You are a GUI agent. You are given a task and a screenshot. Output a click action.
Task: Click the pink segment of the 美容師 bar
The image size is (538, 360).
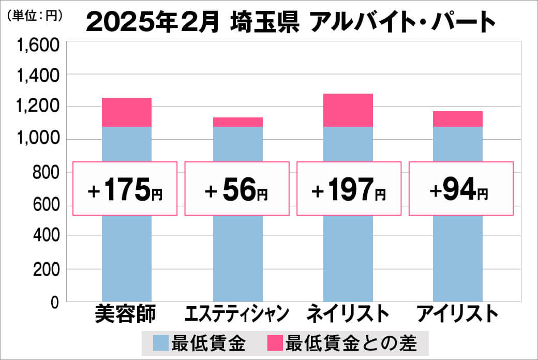[x=127, y=112]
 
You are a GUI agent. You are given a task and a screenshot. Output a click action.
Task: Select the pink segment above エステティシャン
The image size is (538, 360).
[x=238, y=122]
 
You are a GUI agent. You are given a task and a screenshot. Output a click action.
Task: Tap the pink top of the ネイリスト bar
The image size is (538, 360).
[x=348, y=110]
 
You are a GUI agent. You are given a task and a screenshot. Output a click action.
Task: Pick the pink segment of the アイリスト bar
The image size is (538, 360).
[x=458, y=119]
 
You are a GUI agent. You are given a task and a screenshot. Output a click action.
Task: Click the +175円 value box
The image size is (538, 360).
[x=125, y=189]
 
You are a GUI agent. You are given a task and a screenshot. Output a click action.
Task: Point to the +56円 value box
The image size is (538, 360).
[x=236, y=189]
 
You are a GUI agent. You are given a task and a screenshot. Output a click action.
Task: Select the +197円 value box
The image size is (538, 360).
[x=349, y=189]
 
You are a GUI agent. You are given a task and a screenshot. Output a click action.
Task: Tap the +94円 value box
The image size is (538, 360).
[x=461, y=189]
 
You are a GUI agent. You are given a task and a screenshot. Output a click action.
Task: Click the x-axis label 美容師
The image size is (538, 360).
[x=126, y=314]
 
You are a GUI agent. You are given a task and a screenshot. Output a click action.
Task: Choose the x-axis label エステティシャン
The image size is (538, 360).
[x=237, y=314]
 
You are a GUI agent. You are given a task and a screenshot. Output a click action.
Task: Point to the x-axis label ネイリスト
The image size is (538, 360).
[x=348, y=314]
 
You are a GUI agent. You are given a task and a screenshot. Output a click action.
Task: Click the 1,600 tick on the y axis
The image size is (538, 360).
[x=39, y=46]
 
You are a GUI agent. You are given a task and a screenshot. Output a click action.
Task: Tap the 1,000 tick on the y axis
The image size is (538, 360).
[x=39, y=140]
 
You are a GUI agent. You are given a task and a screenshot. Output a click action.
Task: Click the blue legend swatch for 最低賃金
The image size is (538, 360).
[x=161, y=343]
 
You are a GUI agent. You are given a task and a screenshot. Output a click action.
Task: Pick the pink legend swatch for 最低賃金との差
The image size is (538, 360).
[x=275, y=343]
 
